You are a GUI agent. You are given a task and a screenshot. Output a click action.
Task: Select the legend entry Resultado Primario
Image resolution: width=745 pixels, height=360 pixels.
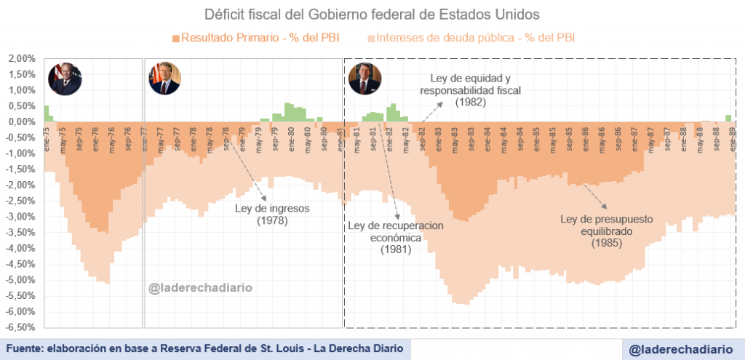(255, 37)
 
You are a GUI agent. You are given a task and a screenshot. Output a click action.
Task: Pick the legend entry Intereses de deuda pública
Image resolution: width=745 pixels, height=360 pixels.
(472, 37)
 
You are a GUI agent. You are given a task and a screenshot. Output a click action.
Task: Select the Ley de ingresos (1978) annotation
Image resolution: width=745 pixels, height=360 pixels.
(273, 214)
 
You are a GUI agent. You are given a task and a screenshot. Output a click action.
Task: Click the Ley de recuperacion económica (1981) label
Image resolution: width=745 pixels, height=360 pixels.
(396, 237)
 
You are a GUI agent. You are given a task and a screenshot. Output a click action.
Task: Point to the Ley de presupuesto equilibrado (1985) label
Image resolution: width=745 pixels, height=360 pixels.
(607, 231)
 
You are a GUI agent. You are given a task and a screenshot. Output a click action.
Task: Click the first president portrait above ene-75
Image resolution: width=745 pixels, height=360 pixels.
(65, 79)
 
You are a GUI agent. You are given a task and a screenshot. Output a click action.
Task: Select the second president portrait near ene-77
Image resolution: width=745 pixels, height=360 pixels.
(164, 78)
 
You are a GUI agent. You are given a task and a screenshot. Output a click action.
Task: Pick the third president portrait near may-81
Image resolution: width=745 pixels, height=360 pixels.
(365, 79)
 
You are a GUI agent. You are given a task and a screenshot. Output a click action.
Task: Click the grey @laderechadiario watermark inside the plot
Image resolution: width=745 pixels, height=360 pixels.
(201, 288)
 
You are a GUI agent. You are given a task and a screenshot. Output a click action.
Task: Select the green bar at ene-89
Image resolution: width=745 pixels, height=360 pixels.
(728, 118)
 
